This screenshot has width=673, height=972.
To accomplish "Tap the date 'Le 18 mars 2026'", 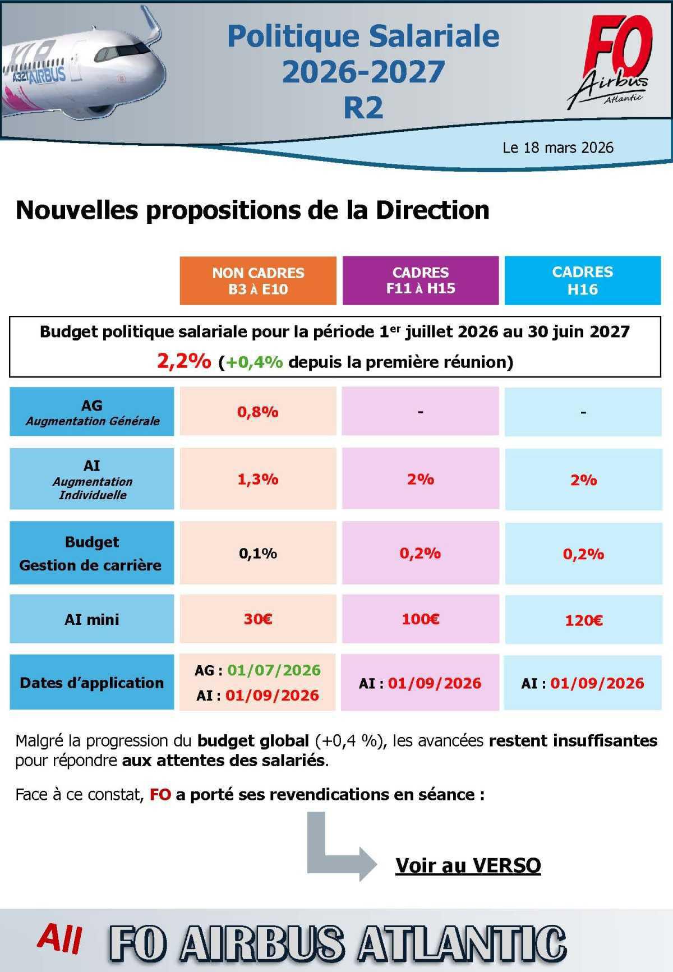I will click(557, 148).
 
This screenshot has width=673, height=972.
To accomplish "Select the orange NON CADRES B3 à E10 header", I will click(258, 281).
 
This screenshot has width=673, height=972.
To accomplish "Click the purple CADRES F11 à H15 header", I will click(421, 280).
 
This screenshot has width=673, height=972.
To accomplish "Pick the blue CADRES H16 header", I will click(583, 280).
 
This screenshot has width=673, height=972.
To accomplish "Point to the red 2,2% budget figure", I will click(184, 361).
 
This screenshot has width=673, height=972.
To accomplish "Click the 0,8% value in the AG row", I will click(258, 412).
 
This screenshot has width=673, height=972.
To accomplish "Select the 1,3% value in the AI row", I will click(258, 479).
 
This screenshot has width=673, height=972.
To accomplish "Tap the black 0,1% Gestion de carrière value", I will click(258, 554).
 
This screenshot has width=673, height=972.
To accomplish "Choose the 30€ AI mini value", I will click(258, 619).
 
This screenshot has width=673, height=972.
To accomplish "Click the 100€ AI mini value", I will click(421, 619).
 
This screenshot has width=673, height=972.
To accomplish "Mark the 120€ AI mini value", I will click(583, 620).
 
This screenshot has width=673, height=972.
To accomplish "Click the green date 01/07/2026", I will click(274, 670).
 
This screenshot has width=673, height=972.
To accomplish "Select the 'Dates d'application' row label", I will click(92, 683).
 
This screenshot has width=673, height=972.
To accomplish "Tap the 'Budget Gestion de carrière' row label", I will click(91, 554).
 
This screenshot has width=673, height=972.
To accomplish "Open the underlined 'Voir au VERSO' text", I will click(468, 865).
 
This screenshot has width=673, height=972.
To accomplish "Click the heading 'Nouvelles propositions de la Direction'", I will click(252, 210).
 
